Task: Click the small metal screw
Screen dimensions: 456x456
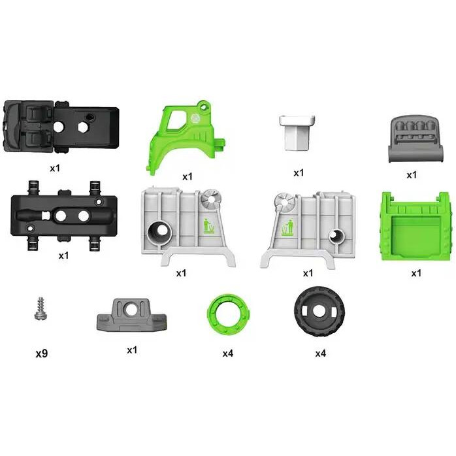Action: tap(41, 308)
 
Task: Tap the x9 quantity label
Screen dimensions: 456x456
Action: tap(42, 353)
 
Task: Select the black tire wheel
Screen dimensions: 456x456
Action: tap(319, 312)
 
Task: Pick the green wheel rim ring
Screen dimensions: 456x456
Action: tap(229, 314)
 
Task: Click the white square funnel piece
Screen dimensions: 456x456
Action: tap(297, 133)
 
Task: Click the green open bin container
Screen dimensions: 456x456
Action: tap(416, 227)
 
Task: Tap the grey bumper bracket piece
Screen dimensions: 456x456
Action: tap(132, 316)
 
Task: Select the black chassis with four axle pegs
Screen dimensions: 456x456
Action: tap(64, 216)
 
